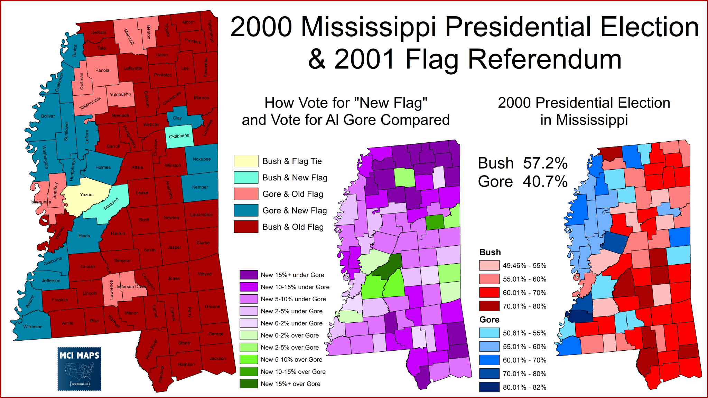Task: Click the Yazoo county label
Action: click(86, 195)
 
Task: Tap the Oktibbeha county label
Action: click(179, 136)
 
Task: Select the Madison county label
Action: click(111, 203)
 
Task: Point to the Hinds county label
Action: click(84, 236)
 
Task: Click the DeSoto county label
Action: click(99, 32)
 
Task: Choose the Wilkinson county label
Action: click(33, 327)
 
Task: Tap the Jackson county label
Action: click(218, 358)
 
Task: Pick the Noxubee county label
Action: click(202, 159)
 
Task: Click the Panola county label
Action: click(102, 70)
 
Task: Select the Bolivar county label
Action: click(48, 116)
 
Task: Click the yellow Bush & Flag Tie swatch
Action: click(246, 161)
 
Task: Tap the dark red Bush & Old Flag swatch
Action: click(246, 227)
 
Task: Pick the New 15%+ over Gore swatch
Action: click(249, 383)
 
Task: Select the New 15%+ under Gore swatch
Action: click(249, 275)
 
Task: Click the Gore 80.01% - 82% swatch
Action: click(489, 387)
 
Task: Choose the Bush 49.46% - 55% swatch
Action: click(489, 265)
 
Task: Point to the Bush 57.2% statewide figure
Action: click(522, 163)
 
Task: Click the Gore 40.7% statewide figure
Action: click(522, 182)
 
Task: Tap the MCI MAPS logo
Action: click(80, 369)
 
